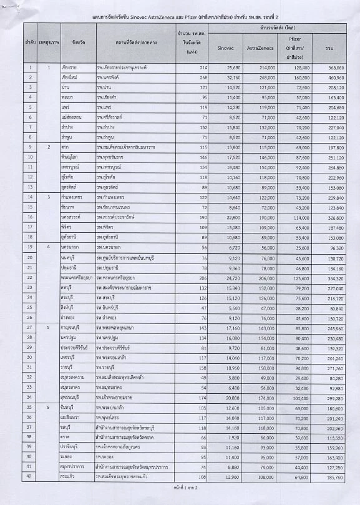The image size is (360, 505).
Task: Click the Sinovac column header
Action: [x=225, y=47]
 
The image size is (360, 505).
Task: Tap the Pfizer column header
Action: [x=294, y=43]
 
